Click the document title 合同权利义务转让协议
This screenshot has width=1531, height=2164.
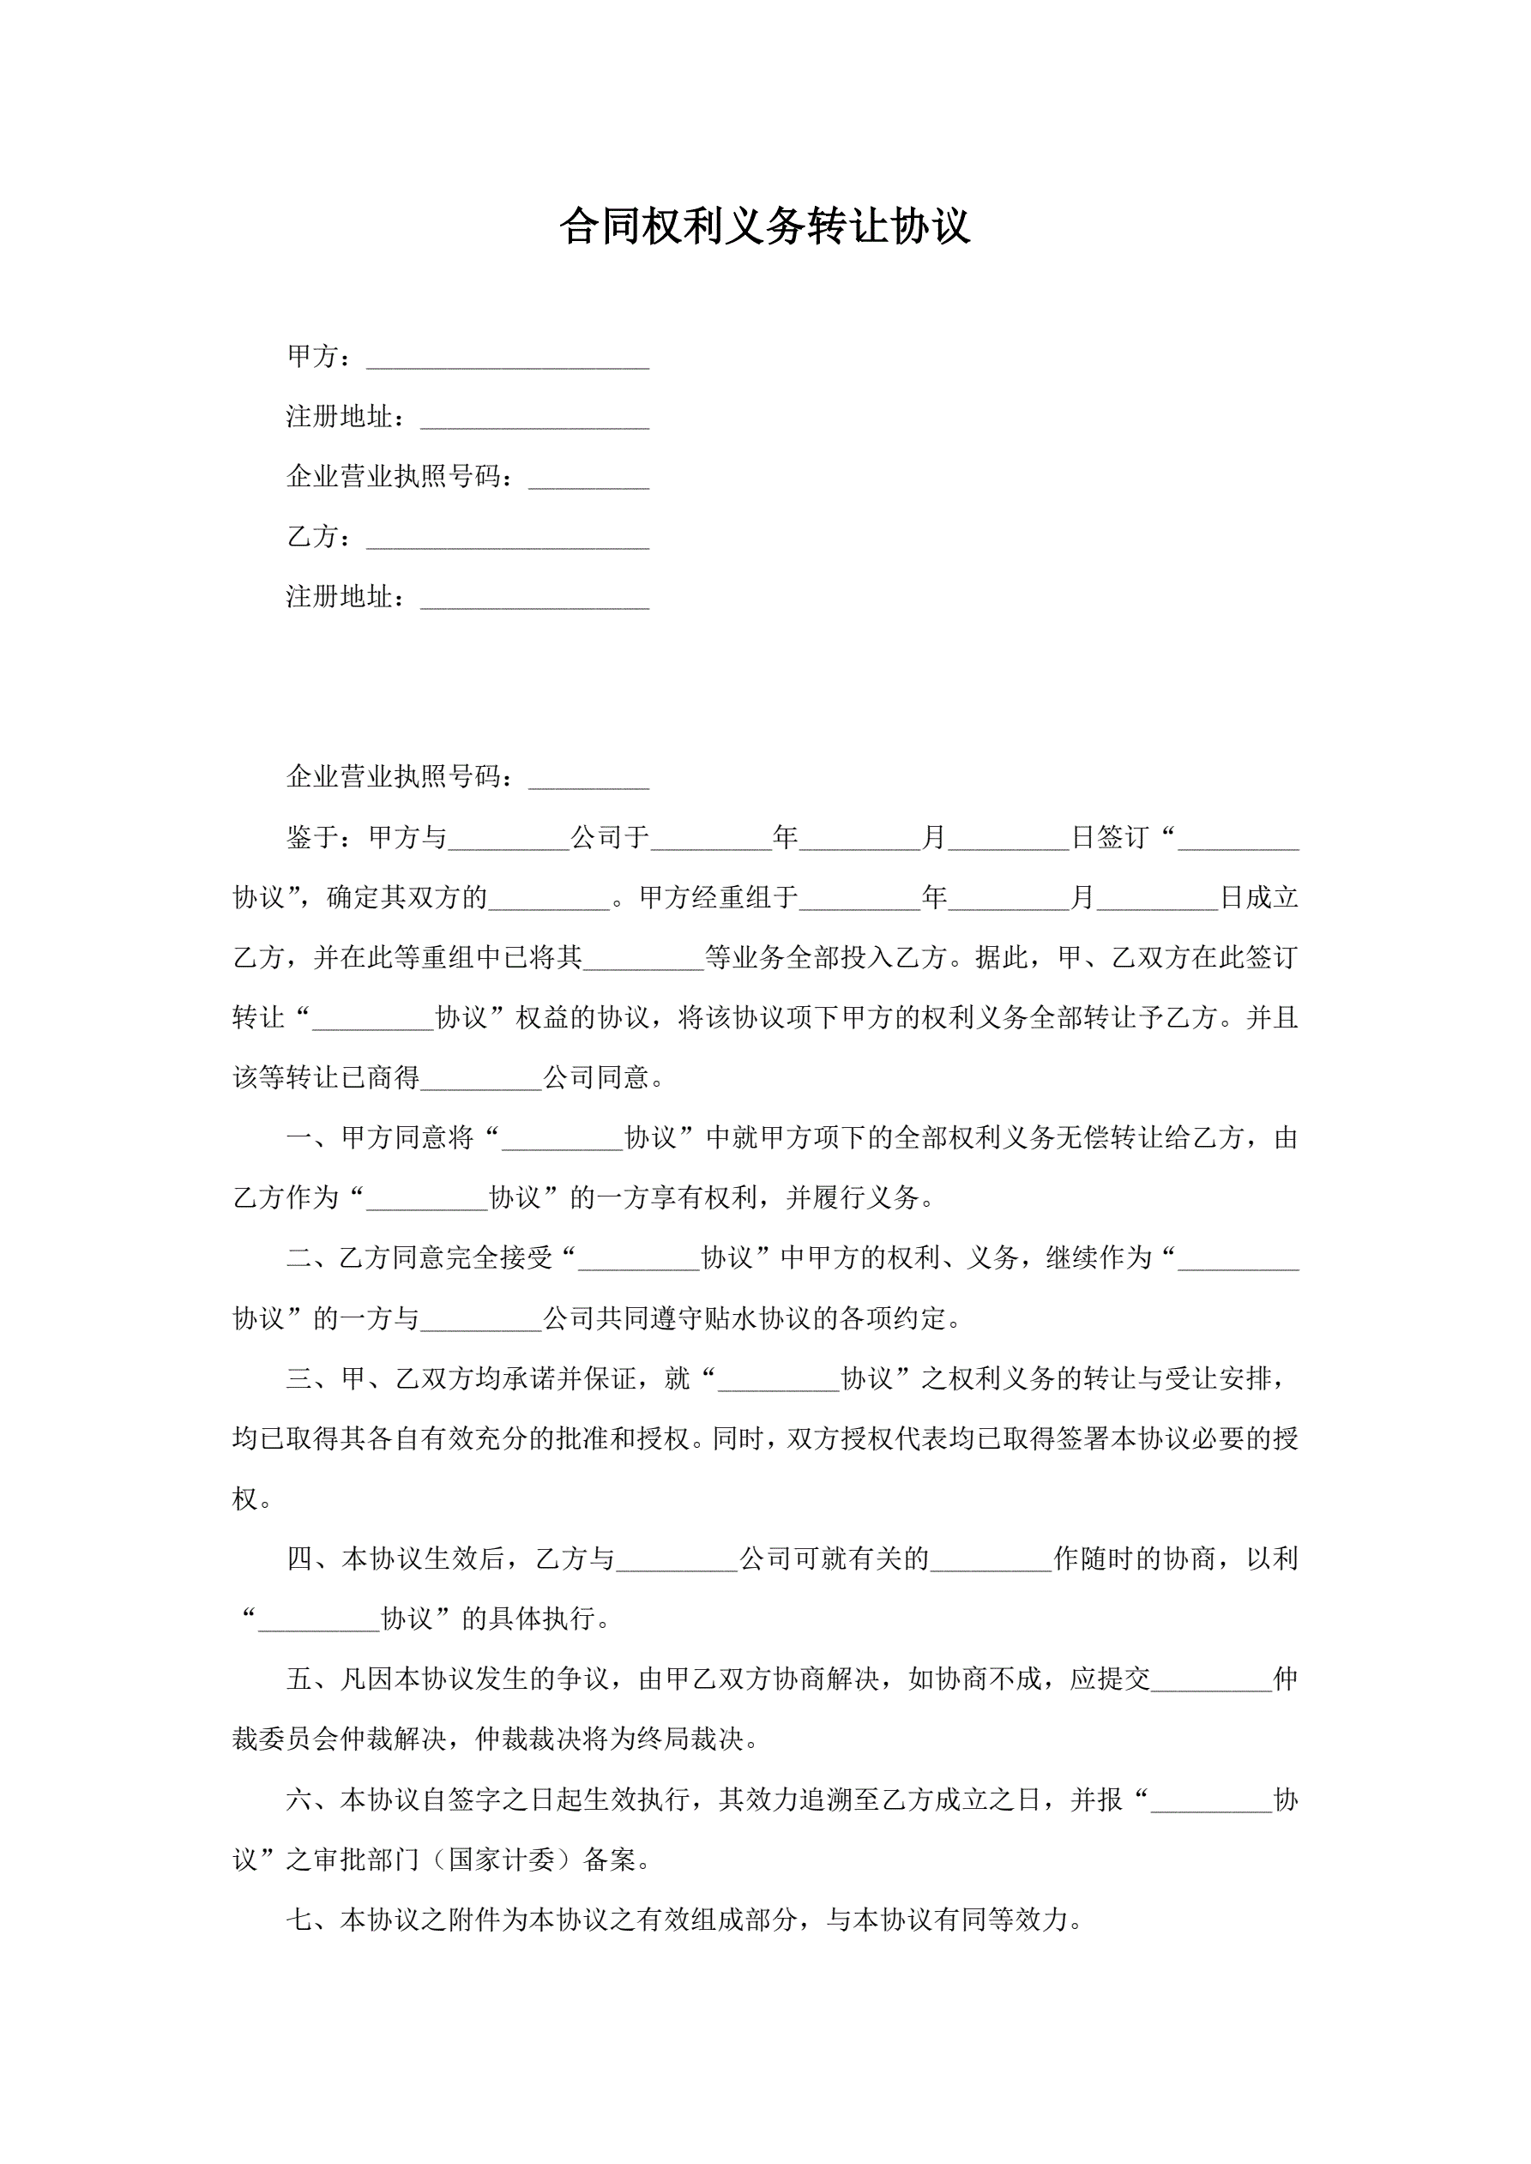tap(764, 227)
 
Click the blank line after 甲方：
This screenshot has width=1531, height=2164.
tap(507, 359)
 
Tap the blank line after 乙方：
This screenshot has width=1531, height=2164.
tap(507, 539)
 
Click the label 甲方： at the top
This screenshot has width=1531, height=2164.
tap(319, 356)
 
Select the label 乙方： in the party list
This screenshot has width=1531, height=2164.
tap(319, 536)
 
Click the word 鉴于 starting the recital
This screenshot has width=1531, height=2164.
tap(312, 837)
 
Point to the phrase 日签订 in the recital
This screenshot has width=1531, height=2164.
tap(1110, 837)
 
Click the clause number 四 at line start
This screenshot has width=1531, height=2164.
tap(300, 1559)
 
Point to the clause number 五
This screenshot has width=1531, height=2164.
tap(300, 1679)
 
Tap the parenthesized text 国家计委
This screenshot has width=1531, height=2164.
tap(502, 1860)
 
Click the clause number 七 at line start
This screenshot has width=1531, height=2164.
tap(300, 1920)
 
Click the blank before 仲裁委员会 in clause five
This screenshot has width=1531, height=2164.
tap(1210, 1680)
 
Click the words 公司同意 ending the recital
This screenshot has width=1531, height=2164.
tap(596, 1077)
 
